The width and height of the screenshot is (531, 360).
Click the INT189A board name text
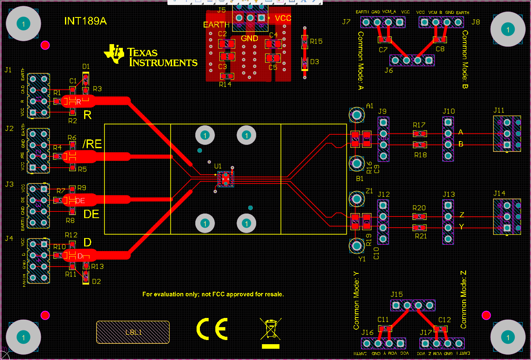[85, 21]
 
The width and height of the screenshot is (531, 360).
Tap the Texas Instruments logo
[150, 56]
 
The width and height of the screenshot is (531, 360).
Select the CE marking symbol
[212, 329]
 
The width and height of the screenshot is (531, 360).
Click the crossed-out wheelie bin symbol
[271, 329]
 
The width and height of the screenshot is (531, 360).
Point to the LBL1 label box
[133, 332]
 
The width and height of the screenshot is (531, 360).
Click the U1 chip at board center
[226, 178]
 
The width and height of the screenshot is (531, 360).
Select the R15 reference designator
[316, 41]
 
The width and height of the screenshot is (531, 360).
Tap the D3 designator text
[314, 62]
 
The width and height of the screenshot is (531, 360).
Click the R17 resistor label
[419, 125]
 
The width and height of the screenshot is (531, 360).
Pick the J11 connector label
[499, 110]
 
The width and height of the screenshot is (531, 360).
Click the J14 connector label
[499, 193]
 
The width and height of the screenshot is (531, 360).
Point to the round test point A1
[357, 114]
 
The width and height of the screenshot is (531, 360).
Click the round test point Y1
[357, 246]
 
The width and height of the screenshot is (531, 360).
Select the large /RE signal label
[92, 144]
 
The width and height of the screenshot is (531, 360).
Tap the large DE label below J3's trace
[92, 214]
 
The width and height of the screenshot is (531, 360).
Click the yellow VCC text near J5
[283, 18]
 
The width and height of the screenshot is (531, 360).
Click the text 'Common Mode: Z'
[464, 299]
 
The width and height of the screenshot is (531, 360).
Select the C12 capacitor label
[444, 320]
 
